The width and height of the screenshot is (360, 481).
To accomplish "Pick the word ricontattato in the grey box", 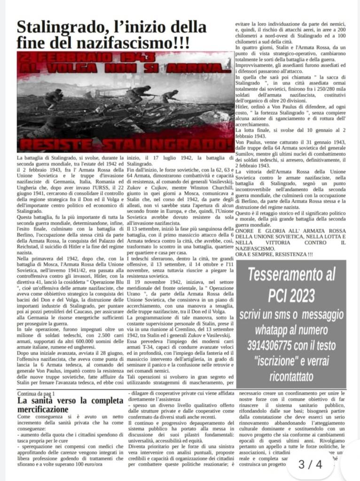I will tap(292, 377).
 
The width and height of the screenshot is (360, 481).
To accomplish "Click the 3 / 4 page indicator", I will tap(311, 465).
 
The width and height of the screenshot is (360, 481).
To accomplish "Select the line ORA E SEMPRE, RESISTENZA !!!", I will tap(274, 254).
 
